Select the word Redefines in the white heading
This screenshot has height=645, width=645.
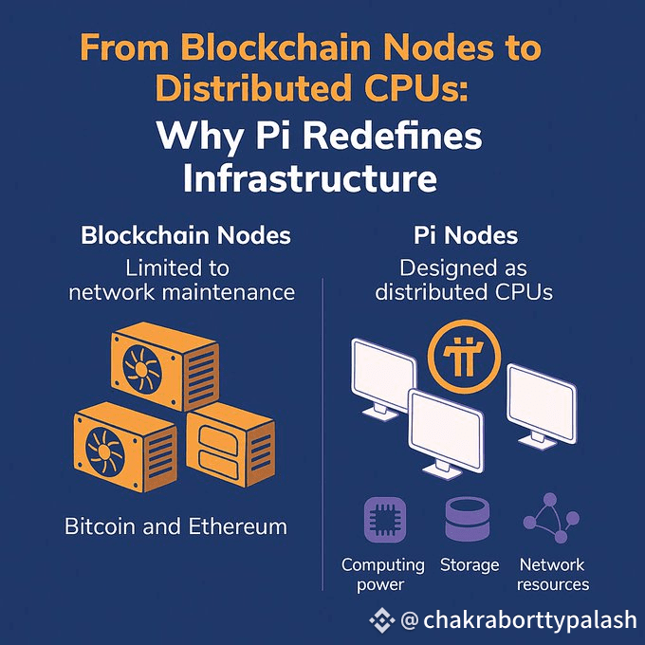pos(393,137)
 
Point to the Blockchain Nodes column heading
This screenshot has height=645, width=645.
pos(186,235)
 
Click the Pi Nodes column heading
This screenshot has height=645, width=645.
pos(466,235)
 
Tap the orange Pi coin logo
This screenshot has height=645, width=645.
pos(464,357)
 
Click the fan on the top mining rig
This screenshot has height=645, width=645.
pos(142,368)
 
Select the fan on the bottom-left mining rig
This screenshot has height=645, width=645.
pos(104,450)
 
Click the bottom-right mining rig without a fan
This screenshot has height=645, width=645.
pos(230,445)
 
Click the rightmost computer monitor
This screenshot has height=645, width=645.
pos(542,407)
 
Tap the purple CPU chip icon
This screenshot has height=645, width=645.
pos(385,520)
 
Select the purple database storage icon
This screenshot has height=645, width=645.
pos(468,519)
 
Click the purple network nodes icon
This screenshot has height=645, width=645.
pos(551,518)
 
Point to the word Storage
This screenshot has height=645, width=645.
pos(470,565)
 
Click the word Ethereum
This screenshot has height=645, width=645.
pos(238,526)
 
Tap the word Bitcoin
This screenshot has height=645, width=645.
pos(100,526)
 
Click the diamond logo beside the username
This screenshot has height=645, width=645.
pos(382,619)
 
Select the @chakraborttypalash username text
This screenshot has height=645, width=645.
pos(519,620)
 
